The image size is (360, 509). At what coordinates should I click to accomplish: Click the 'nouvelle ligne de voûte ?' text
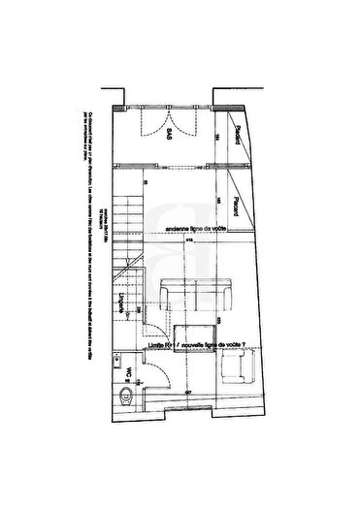tap(222, 345)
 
